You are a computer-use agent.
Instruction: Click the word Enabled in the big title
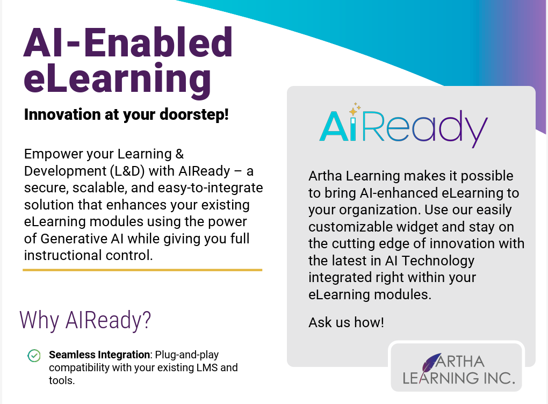(x=158, y=42)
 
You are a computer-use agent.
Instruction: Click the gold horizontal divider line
(x=142, y=270)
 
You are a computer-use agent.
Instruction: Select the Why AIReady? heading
(x=85, y=320)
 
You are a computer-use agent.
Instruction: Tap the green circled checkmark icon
(x=34, y=356)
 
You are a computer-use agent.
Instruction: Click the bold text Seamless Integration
(x=99, y=355)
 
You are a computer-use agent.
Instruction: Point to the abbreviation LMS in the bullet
(x=206, y=367)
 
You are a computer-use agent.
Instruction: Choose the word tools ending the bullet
(x=61, y=380)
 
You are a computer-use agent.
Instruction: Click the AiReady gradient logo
(x=403, y=126)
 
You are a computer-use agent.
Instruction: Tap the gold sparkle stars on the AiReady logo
(x=355, y=109)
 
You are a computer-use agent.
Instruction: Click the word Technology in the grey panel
(x=438, y=261)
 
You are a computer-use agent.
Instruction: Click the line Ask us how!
(x=347, y=322)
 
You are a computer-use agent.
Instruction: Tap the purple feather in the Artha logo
(x=430, y=362)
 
